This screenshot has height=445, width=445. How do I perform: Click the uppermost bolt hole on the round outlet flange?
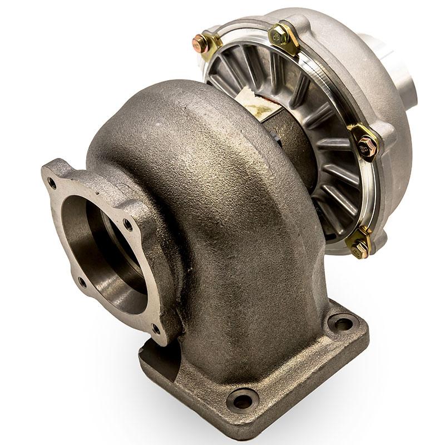coord(52,181)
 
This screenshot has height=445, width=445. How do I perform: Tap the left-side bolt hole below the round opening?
coord(82,281)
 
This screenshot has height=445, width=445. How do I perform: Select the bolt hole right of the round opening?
coord(128,225)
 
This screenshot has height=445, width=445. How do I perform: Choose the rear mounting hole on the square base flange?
coord(340,322)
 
